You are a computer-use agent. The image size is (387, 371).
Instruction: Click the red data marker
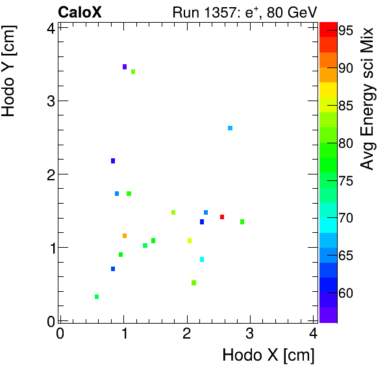coord(222,217)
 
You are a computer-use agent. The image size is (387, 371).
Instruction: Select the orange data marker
coord(125,235)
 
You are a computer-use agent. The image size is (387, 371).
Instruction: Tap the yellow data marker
coord(190,241)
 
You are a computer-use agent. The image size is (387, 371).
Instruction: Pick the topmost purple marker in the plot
coord(125,67)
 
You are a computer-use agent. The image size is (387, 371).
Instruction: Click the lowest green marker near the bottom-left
coord(97,297)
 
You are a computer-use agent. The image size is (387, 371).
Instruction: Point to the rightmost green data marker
coord(242,222)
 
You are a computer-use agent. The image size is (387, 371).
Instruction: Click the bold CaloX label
coord(79,12)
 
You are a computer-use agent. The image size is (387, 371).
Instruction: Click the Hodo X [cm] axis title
coord(268,355)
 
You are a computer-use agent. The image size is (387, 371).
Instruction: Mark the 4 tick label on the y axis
coord(49,27)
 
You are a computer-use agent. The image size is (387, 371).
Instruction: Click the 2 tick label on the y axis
coord(49,174)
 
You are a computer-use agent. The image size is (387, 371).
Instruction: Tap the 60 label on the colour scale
coord(345,293)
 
